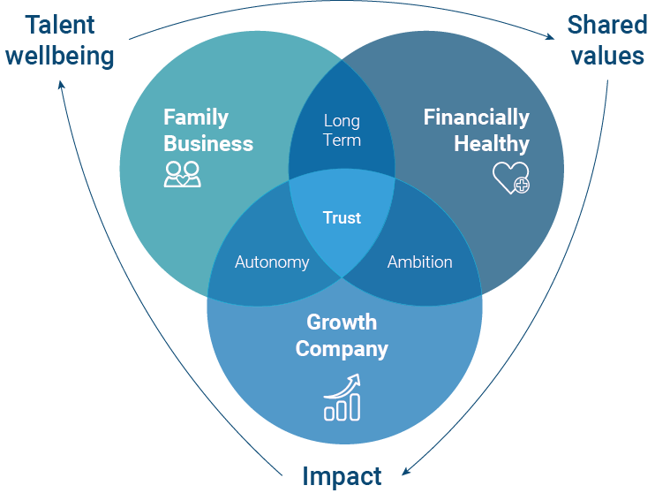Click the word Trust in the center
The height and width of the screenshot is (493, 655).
click(342, 217)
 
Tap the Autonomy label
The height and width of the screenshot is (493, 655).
click(272, 262)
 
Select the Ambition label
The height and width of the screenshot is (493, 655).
click(419, 262)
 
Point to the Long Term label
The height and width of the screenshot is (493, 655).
click(342, 130)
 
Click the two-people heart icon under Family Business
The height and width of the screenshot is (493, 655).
click(183, 174)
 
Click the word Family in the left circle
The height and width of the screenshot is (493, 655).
click(196, 118)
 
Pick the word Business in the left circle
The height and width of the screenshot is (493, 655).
click(208, 143)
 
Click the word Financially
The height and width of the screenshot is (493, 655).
click(477, 118)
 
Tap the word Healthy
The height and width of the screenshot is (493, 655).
click(492, 143)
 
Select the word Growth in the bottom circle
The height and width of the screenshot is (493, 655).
click(342, 322)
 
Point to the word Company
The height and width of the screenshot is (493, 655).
click(342, 348)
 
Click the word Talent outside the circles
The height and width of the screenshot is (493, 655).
click(61, 24)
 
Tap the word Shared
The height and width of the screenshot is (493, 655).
click(607, 24)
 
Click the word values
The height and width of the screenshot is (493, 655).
click(607, 56)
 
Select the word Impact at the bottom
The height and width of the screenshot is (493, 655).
click(342, 476)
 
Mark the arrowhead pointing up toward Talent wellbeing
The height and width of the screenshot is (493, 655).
click(62, 84)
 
